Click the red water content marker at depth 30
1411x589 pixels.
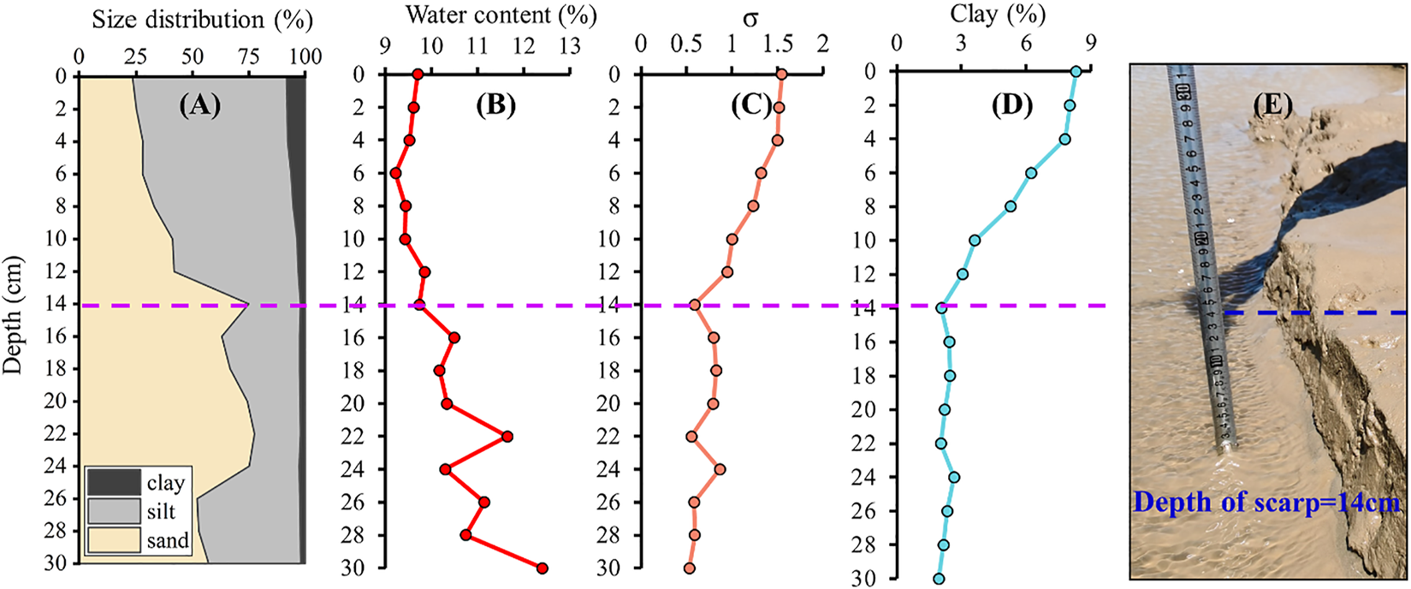pyautogui.click(x=542, y=568)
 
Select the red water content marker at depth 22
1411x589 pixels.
pyautogui.click(x=507, y=437)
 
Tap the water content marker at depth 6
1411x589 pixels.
pyautogui.click(x=395, y=173)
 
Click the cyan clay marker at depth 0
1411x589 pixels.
pyautogui.click(x=1076, y=71)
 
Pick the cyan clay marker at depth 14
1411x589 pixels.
pyautogui.click(x=941, y=307)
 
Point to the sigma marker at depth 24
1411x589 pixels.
pyautogui.click(x=720, y=469)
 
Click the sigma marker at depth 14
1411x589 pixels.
pyautogui.click(x=695, y=305)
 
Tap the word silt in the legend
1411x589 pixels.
pyautogui.click(x=161, y=512)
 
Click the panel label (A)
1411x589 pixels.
pyautogui.click(x=199, y=106)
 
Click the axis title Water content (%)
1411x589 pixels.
pyautogui.click(x=501, y=15)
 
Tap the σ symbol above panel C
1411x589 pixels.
pyautogui.click(x=750, y=17)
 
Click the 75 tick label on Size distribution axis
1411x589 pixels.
pyautogui.click(x=247, y=57)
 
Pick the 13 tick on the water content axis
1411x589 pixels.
pyautogui.click(x=569, y=45)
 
